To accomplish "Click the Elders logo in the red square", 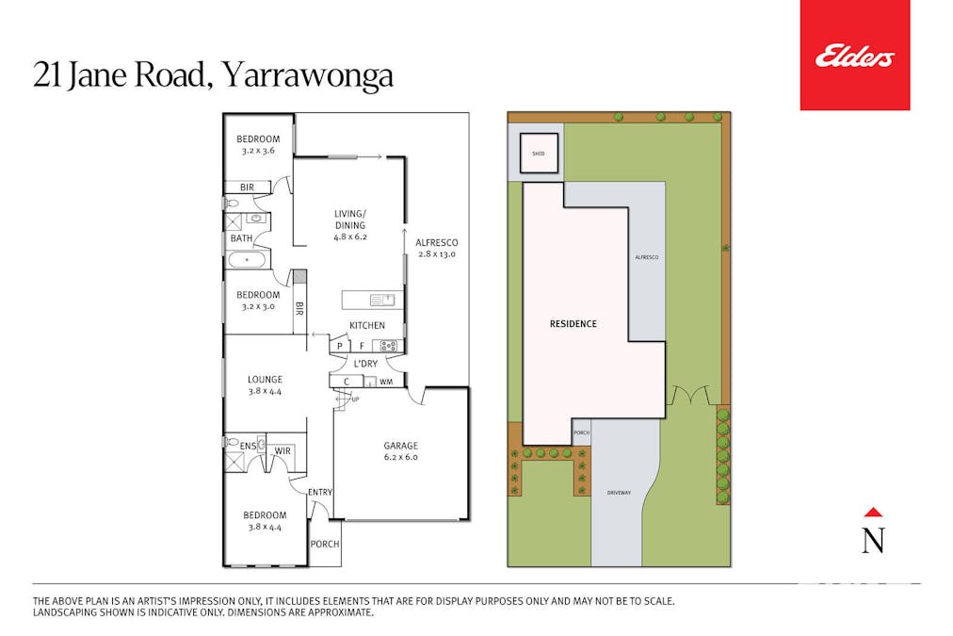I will pyautogui.click(x=854, y=57).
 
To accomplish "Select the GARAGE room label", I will pyautogui.click(x=400, y=446).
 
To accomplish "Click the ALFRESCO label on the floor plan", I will pyautogui.click(x=436, y=242).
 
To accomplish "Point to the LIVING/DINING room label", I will pyautogui.click(x=349, y=219).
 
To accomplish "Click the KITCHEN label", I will pyautogui.click(x=367, y=325).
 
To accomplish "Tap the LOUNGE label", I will pyautogui.click(x=265, y=380).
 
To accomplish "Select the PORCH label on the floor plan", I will pyautogui.click(x=325, y=545).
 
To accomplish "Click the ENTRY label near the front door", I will pyautogui.click(x=320, y=491).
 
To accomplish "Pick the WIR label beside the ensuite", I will pyautogui.click(x=282, y=451).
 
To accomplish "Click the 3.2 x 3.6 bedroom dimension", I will pyautogui.click(x=258, y=151).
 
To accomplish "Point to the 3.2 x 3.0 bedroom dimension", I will pyautogui.click(x=258, y=306).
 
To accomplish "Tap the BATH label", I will pyautogui.click(x=241, y=238).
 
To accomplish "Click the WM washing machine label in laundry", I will pyautogui.click(x=386, y=382).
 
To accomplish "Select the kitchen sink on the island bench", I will pyautogui.click(x=382, y=301).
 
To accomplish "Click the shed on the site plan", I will pyautogui.click(x=539, y=153).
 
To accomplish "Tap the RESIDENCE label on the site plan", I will pyautogui.click(x=573, y=324).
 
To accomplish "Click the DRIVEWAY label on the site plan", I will pyautogui.click(x=618, y=492).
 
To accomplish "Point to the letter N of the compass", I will pyautogui.click(x=873, y=541).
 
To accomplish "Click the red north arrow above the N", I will pyautogui.click(x=873, y=513).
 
